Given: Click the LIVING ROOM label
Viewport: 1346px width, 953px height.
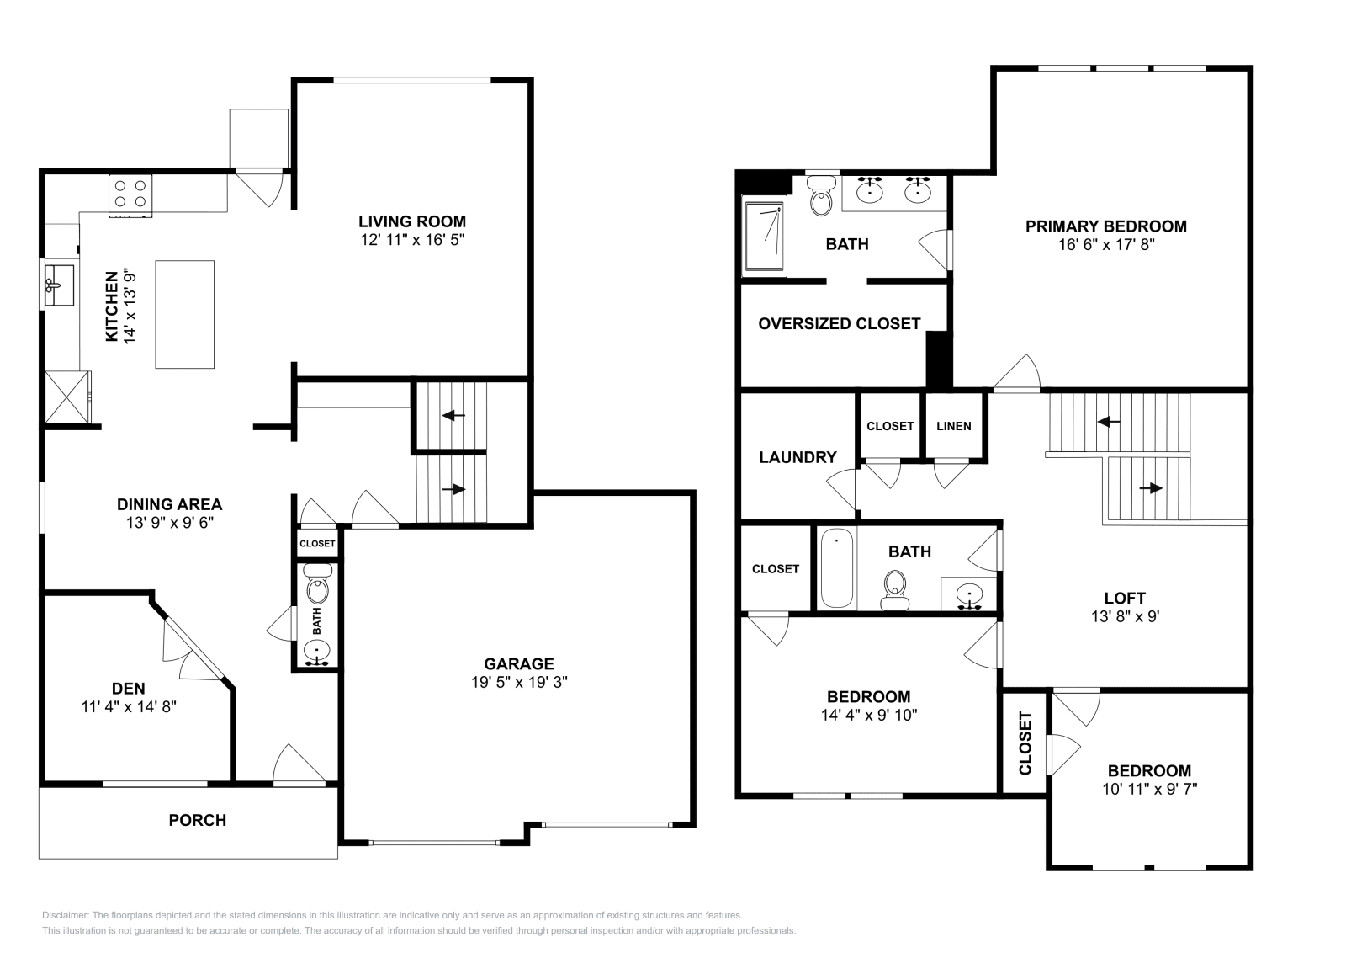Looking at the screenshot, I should [x=411, y=221].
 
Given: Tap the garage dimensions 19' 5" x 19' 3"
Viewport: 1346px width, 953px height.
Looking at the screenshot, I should [x=519, y=683].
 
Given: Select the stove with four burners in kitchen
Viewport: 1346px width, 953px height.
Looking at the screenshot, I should [x=130, y=194].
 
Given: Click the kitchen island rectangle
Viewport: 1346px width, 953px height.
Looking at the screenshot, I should [x=184, y=314].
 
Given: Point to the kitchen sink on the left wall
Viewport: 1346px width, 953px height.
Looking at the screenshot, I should [x=59, y=285].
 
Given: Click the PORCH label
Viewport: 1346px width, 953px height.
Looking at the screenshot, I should [x=197, y=820].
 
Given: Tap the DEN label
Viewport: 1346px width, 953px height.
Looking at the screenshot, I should [x=128, y=689].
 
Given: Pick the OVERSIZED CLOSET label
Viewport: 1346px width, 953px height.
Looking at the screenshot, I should [x=839, y=324].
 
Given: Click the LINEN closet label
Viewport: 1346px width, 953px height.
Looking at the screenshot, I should [x=953, y=426].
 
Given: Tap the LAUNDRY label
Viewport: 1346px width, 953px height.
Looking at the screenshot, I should [x=797, y=457].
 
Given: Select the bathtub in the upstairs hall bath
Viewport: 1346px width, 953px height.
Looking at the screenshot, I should [x=836, y=568].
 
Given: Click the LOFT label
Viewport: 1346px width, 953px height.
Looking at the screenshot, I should [x=1124, y=599].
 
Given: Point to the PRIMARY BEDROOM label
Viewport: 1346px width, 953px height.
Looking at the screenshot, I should [x=1105, y=226].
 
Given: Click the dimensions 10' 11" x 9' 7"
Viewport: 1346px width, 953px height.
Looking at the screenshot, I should [x=1148, y=789].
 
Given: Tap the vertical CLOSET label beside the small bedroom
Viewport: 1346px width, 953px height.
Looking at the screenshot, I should [x=1025, y=743].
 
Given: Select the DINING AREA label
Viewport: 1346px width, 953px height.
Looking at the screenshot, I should [x=169, y=504].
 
